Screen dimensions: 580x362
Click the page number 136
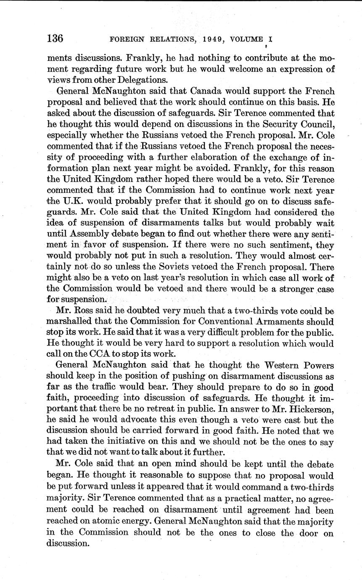pyautogui.click(x=55, y=39)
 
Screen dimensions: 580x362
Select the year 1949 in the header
pyautogui.click(x=206, y=40)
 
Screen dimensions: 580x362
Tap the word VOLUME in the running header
pyautogui.click(x=244, y=40)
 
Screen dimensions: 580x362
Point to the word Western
pyautogui.click(x=275, y=365)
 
